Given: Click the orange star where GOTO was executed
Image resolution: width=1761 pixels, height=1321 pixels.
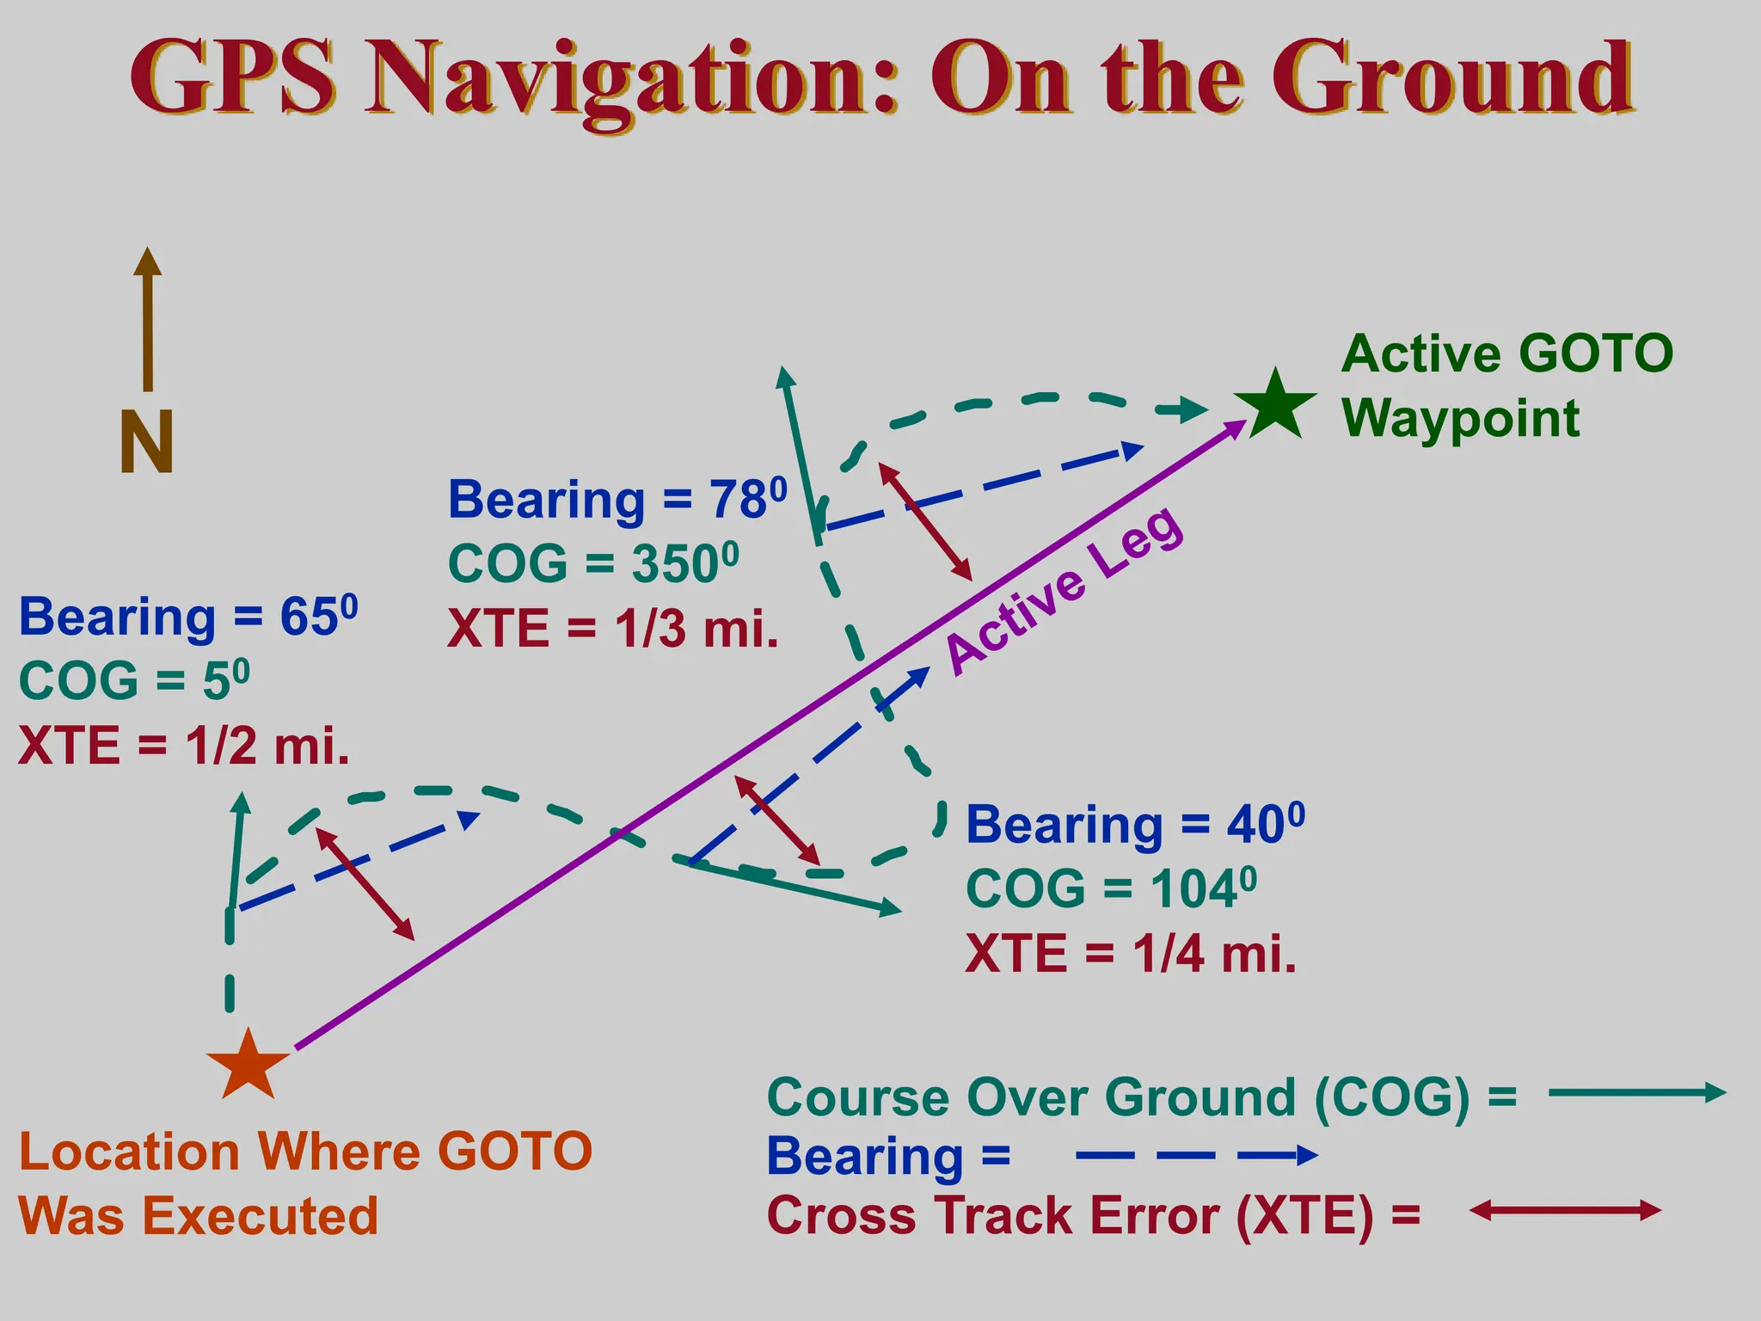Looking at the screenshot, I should point(248,1066).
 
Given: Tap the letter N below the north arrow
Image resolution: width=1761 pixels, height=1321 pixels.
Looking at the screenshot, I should point(147,441).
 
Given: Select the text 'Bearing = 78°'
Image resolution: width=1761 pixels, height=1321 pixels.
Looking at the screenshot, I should point(617,500).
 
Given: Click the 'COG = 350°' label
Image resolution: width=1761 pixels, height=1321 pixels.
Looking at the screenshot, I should point(593,564).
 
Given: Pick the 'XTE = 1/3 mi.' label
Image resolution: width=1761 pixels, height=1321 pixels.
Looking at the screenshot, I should point(612,629).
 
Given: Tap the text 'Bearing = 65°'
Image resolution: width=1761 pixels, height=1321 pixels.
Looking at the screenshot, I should point(187,617).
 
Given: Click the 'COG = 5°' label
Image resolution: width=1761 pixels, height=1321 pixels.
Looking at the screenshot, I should point(134,680).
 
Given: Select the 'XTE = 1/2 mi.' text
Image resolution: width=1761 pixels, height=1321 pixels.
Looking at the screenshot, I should point(184,745).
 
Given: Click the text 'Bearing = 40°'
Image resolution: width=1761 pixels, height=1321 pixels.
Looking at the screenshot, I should point(1135,825).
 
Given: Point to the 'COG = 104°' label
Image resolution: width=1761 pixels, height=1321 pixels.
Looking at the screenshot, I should point(1111,888).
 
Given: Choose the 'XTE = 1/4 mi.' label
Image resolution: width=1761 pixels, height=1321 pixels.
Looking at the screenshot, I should point(1131,953).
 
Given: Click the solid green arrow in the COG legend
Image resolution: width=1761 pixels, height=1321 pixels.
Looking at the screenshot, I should point(1636,1093).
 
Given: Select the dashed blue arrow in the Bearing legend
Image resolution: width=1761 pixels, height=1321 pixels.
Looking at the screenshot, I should point(1196,1156).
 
